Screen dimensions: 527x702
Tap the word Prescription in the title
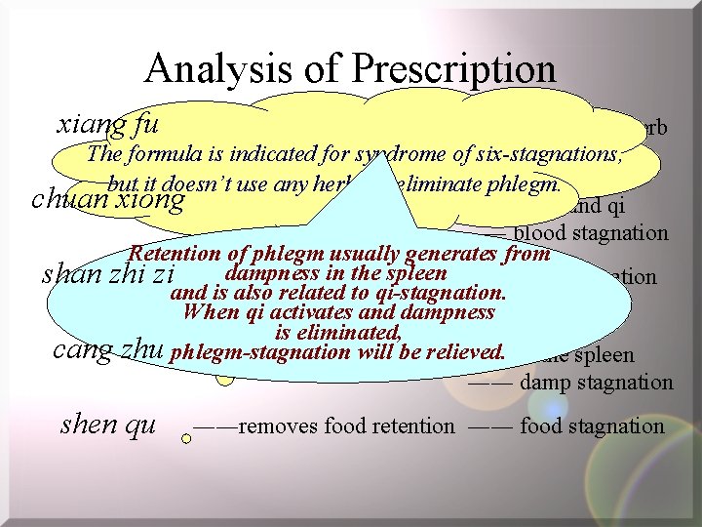pyautogui.click(x=454, y=68)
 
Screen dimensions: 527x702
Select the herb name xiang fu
pyautogui.click(x=108, y=125)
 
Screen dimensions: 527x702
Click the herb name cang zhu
pyautogui.click(x=106, y=350)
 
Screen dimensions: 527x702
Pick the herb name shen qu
pyautogui.click(x=107, y=425)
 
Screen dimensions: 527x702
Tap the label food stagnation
pyautogui.click(x=592, y=426)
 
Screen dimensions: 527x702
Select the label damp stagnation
pyautogui.click(x=597, y=382)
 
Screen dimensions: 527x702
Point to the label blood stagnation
pyautogui.click(x=591, y=233)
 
